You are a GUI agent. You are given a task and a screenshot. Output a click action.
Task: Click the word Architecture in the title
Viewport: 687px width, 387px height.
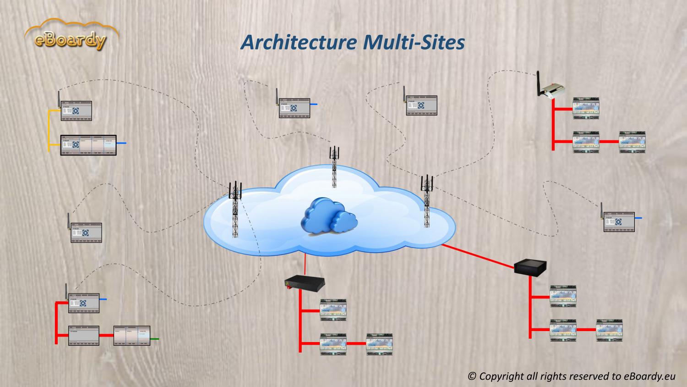point(298,42)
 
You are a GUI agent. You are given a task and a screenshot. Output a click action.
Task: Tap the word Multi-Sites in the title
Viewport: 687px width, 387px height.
point(414,42)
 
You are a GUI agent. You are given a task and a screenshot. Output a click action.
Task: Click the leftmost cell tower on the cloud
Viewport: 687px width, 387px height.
point(235,209)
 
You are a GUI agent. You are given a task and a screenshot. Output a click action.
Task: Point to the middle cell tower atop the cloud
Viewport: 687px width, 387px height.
point(335,167)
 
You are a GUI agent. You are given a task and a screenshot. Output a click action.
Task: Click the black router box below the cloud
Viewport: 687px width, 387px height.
point(304,282)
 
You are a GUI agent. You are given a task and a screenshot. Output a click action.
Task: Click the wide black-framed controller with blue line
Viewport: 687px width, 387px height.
point(88,145)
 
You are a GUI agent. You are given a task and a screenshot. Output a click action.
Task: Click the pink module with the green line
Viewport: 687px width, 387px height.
point(132,336)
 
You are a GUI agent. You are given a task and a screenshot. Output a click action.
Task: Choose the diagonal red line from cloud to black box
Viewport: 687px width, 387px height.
point(479,255)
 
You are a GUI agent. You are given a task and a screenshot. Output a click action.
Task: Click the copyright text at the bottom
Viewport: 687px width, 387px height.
point(571,376)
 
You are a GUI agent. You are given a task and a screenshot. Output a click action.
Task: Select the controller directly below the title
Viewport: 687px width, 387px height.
point(294,108)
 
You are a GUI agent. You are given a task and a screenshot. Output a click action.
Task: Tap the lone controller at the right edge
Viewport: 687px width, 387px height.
point(619,221)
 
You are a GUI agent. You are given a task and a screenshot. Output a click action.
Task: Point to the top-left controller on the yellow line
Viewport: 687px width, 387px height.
point(76,111)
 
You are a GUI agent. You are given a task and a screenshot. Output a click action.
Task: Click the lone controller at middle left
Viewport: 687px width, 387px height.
point(86,232)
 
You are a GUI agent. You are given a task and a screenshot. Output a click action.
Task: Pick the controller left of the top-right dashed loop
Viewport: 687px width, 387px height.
point(421,105)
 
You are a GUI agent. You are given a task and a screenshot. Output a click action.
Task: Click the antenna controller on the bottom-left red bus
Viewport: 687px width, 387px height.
point(83,303)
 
